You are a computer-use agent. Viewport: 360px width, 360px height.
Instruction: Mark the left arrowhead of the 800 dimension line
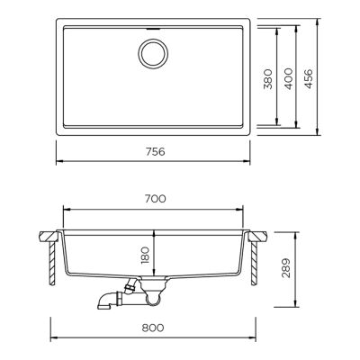tap(50, 338)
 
